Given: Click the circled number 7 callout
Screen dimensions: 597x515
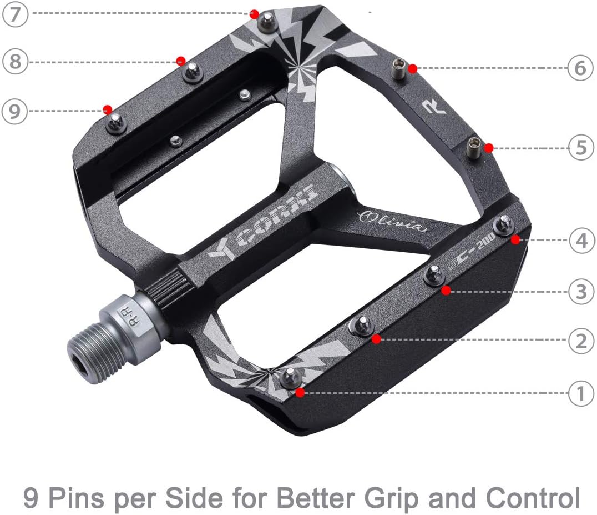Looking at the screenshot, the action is (16, 14).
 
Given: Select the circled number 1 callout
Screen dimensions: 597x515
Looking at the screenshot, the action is (581, 394).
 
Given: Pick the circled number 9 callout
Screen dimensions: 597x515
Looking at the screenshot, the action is (14, 111).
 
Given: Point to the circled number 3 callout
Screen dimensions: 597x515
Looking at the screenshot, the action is (581, 290).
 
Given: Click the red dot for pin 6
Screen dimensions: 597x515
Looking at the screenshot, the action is (412, 69).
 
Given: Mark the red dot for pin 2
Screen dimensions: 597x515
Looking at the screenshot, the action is (376, 338).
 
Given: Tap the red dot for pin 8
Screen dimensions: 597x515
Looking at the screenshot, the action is (180, 60).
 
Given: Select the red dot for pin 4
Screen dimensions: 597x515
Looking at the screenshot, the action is (515, 239).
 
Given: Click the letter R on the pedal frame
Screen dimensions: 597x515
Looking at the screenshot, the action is (433, 107).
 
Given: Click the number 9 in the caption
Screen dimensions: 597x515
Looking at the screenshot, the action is (32, 498).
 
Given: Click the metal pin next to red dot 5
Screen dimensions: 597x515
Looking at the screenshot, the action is (473, 147).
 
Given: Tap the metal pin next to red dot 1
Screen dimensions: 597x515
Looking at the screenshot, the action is (290, 378).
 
